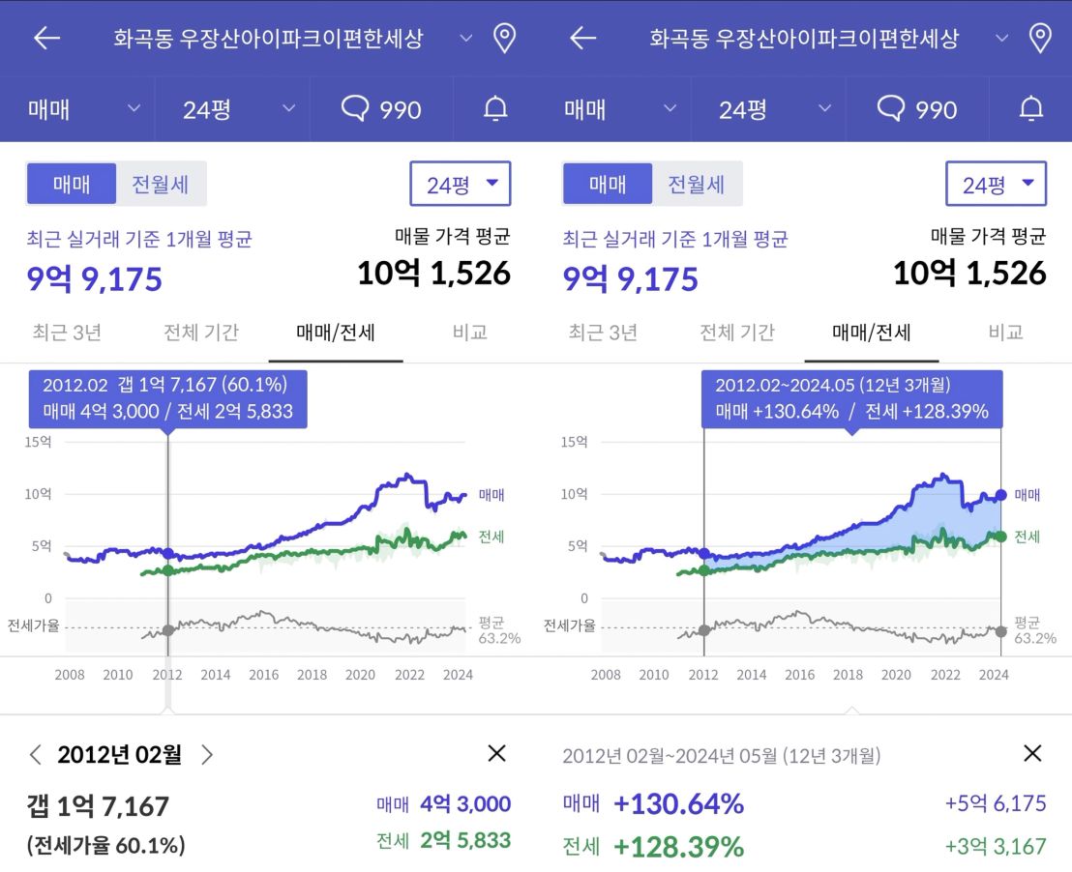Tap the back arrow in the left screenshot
pos(46,38)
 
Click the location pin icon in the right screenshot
pos(1040,38)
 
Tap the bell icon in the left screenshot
pos(495,109)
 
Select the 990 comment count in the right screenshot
pos(917,109)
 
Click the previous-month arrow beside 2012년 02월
pos(36,755)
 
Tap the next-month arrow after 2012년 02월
pos(206,755)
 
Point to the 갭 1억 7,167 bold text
pos(99,806)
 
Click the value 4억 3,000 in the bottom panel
pos(464,804)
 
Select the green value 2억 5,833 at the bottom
pos(464,841)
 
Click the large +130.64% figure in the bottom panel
pos(678,804)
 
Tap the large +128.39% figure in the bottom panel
pos(678,848)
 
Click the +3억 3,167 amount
pos(996,847)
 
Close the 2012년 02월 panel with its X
pos(496,754)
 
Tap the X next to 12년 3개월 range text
pos(1032,754)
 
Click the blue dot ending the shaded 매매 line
pos(1000,495)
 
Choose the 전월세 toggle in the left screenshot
pos(161,184)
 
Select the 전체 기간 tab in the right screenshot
pos(737,333)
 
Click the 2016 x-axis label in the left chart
pos(263,675)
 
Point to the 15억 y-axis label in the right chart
pos(574,442)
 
